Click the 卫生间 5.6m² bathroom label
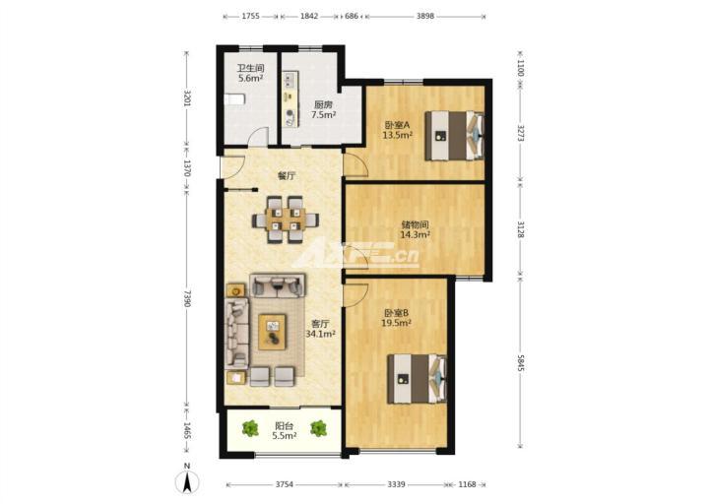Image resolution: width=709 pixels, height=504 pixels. (x=250, y=73)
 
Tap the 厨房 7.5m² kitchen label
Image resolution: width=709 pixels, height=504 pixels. (x=323, y=110)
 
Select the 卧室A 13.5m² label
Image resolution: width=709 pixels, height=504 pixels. (x=398, y=130)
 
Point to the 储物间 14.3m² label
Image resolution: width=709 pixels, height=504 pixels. (x=416, y=229)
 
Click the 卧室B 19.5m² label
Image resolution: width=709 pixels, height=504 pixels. (x=397, y=318)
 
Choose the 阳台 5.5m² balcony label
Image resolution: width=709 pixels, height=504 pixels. (x=284, y=431)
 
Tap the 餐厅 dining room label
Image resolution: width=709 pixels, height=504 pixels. (x=287, y=176)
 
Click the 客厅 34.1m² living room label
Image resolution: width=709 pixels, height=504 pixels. (x=320, y=329)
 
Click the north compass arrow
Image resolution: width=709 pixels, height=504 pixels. (x=187, y=481)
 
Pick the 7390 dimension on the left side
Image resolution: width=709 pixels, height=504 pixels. (x=187, y=299)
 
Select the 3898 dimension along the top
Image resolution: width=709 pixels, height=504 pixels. (x=425, y=16)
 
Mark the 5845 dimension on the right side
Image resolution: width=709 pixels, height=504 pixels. (x=520, y=363)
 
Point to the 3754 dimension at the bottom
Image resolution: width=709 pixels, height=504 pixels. (x=285, y=484)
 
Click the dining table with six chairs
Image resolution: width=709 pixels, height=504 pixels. (x=286, y=220)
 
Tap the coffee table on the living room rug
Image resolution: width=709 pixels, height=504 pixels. (x=272, y=333)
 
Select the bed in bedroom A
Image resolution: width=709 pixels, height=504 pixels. (x=454, y=136)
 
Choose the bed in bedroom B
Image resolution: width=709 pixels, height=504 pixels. (x=417, y=379)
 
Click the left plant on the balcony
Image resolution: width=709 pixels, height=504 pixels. (x=250, y=428)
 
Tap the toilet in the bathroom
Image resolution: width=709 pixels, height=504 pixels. (x=235, y=99)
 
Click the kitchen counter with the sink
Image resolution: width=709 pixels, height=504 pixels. (x=290, y=99)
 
